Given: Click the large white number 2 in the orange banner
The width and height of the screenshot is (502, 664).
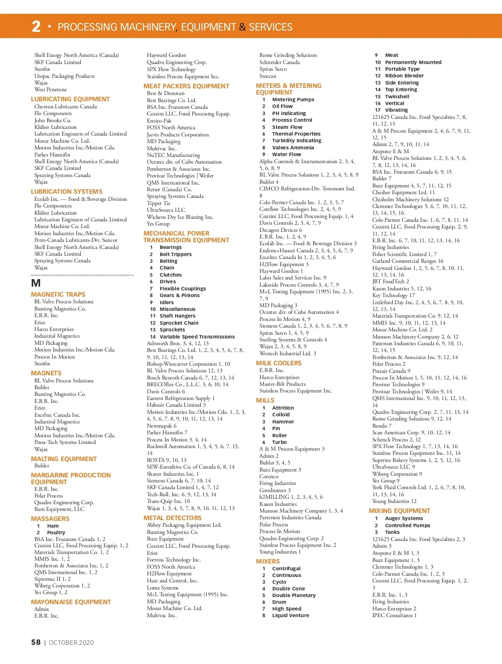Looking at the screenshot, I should (36, 26).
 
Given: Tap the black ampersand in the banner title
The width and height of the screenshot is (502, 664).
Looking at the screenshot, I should (242, 27).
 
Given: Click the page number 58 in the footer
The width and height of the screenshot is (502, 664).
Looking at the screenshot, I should (36, 642).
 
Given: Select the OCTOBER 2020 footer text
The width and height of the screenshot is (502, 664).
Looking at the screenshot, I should (71, 643).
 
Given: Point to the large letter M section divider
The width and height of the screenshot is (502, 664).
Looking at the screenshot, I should (36, 283).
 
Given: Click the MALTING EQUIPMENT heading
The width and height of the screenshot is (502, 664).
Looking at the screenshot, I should (64, 459).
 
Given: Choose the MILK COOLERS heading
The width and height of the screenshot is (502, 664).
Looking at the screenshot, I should (279, 363).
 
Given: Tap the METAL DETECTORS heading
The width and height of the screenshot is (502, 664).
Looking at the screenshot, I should (172, 518).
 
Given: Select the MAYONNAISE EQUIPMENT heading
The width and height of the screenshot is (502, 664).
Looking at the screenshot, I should (71, 602).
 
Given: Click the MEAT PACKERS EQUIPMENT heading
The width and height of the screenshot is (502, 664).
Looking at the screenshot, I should (186, 86).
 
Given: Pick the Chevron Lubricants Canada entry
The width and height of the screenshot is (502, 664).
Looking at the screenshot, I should (65, 107).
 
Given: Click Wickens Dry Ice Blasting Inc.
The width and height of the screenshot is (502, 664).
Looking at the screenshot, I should (180, 217).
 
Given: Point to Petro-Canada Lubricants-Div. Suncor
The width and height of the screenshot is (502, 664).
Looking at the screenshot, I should (76, 240).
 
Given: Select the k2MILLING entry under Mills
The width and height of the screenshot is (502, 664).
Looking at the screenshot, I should (291, 497).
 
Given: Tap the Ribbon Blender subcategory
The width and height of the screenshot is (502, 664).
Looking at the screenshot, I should (404, 76).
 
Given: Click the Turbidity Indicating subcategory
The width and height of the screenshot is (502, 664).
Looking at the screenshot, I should (297, 141).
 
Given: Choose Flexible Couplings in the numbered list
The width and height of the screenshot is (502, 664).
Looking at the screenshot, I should (183, 289).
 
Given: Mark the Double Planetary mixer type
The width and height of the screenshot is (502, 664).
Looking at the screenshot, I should (294, 595).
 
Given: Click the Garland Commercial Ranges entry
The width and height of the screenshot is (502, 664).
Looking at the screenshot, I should (407, 261).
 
